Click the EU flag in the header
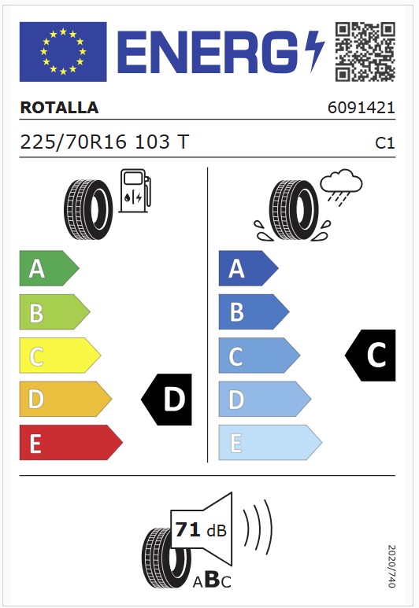(63, 52)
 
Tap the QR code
(365, 52)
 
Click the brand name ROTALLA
(59, 108)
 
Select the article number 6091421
(362, 108)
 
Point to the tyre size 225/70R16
(73, 142)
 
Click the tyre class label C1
(385, 143)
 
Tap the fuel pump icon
(135, 190)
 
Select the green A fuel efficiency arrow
(49, 268)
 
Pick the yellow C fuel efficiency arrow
(60, 356)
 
